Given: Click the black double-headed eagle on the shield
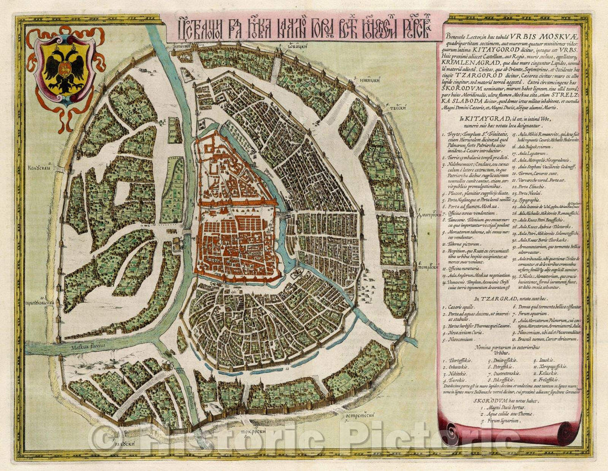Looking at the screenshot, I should [x=66, y=70].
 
